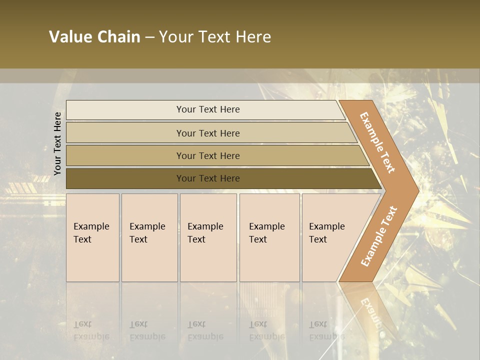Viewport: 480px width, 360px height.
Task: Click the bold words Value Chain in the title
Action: click(x=94, y=37)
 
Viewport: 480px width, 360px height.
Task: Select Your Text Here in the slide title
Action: click(x=215, y=37)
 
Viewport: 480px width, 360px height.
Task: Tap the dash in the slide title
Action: click(x=149, y=37)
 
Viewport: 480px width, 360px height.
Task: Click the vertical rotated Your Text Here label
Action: click(x=57, y=143)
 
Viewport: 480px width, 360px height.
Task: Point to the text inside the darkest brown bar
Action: click(x=208, y=178)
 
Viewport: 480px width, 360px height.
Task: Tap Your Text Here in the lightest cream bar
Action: click(x=208, y=109)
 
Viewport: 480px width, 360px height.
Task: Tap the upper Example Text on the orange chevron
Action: click(x=377, y=142)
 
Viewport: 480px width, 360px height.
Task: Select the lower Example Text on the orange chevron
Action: click(x=379, y=236)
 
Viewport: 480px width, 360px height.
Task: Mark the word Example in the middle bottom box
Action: click(x=205, y=226)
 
